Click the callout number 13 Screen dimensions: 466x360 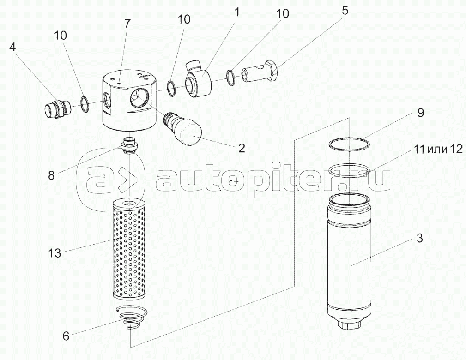click(54, 253)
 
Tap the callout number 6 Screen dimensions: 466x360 click(66, 336)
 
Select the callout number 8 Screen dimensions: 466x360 click(51, 175)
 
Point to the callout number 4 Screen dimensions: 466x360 click(12, 47)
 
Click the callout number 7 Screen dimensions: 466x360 click(127, 23)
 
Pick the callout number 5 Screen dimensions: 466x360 click(345, 11)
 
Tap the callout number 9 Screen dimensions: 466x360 click(421, 113)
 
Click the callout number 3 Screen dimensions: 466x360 click(419, 238)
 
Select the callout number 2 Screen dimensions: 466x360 click(242, 148)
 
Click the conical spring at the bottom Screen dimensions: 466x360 click(131, 317)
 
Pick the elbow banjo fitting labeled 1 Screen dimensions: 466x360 click(197, 79)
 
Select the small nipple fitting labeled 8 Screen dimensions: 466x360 click(129, 145)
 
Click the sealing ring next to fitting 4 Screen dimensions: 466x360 click(84, 105)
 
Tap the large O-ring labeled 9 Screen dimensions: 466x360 click(350, 144)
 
